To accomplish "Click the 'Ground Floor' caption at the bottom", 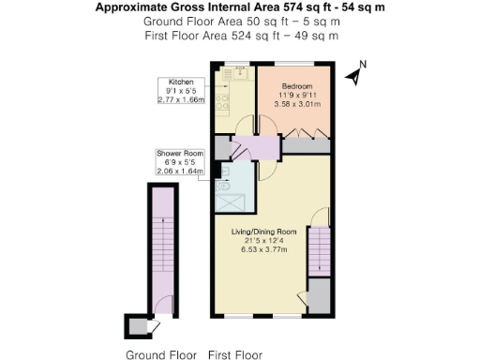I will (161, 354).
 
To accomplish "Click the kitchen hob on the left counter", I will (221, 97).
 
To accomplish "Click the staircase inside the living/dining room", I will (320, 250).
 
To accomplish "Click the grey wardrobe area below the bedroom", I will (306, 145).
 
